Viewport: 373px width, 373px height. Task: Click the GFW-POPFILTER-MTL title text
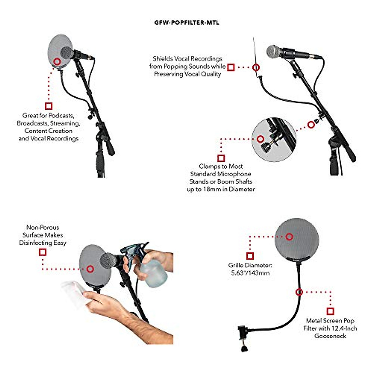186,23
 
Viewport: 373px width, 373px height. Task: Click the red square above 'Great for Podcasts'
48,106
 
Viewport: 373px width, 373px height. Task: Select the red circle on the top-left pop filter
57,62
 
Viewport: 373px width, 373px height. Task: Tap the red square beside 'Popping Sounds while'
231,67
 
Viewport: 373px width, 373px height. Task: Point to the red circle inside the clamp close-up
260,139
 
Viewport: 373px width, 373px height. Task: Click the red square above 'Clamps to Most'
221,158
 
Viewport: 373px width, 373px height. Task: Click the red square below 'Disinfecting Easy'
43,252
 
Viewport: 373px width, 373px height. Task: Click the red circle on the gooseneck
299,292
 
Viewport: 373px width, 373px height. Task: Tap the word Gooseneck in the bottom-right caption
330,336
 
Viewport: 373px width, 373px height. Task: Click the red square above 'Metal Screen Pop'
330,311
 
